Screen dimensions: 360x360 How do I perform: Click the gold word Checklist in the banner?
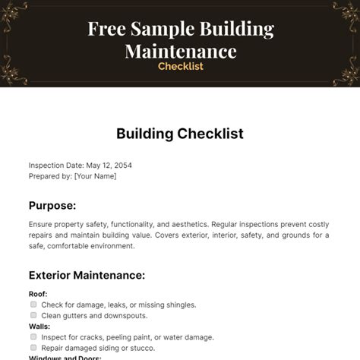coord(180,66)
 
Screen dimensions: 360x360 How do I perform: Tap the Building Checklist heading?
coord(180,134)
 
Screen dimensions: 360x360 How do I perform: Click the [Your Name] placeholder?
coord(95,175)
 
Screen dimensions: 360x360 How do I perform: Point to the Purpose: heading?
coord(52,205)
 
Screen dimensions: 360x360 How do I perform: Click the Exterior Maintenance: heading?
coord(87,275)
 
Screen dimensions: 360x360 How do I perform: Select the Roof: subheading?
coord(38,294)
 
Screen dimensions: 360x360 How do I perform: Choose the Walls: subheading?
coord(39,326)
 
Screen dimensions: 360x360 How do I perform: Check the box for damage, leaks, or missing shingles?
coord(33,305)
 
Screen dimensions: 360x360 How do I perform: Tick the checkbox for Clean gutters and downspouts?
coord(33,315)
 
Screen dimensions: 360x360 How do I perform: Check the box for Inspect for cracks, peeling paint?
coord(33,336)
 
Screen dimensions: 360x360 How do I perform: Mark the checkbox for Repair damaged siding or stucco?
coord(33,347)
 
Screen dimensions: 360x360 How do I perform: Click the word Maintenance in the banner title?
coord(180,52)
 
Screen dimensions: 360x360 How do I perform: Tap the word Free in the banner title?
coord(106,30)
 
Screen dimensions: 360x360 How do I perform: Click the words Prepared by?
coord(50,175)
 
